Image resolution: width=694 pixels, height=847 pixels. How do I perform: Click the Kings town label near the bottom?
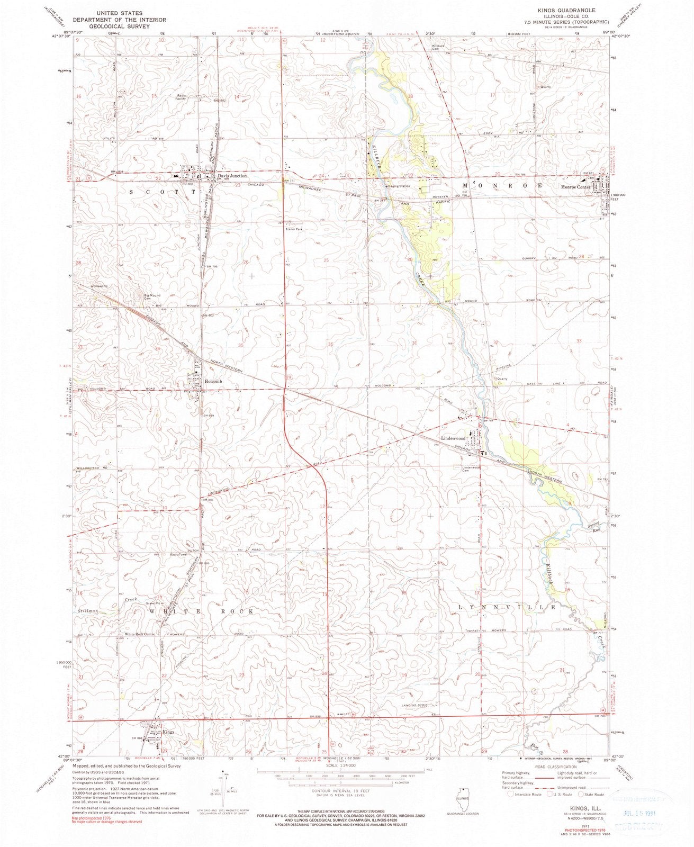click(x=168, y=732)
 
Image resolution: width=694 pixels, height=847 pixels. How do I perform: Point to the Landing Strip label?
click(x=415, y=705)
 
